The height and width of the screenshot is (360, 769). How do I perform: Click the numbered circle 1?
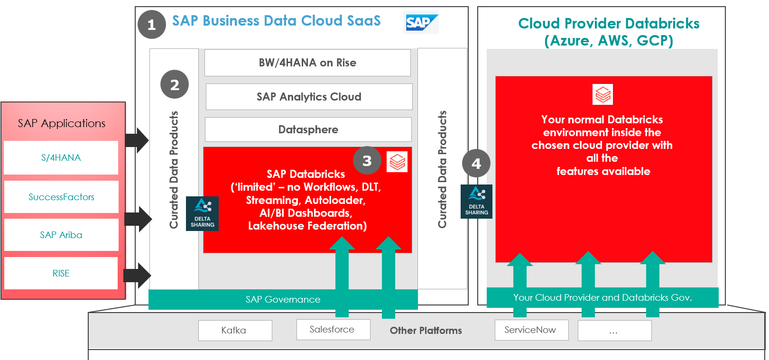point(152,25)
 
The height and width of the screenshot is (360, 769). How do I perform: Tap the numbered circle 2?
point(175,84)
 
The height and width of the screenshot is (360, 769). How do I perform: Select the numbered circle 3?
point(367,161)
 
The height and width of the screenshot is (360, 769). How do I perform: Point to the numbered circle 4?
point(476,164)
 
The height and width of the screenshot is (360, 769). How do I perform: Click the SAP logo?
point(421,22)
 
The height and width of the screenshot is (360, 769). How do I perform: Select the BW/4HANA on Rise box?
point(307,63)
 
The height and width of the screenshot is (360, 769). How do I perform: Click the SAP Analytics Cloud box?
point(309,97)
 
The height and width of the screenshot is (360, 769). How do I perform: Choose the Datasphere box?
point(308,129)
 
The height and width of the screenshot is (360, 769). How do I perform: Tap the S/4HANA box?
point(61,157)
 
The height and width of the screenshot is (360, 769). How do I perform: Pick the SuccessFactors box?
point(61,197)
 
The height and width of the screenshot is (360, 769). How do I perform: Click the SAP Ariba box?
point(61,235)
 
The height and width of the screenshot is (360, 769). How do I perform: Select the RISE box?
point(61,273)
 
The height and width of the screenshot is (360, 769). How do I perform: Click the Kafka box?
point(235,330)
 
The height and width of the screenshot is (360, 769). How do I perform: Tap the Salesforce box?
point(333,329)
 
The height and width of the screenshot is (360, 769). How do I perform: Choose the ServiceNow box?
point(531,330)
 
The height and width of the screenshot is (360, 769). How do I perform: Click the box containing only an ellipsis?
point(614,330)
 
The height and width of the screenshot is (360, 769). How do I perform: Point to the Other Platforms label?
point(426,331)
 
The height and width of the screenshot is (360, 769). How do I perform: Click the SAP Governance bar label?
point(283,299)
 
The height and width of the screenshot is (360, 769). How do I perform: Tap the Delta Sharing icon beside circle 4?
point(476,202)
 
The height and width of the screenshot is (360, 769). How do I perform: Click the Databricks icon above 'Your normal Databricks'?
point(602,94)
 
